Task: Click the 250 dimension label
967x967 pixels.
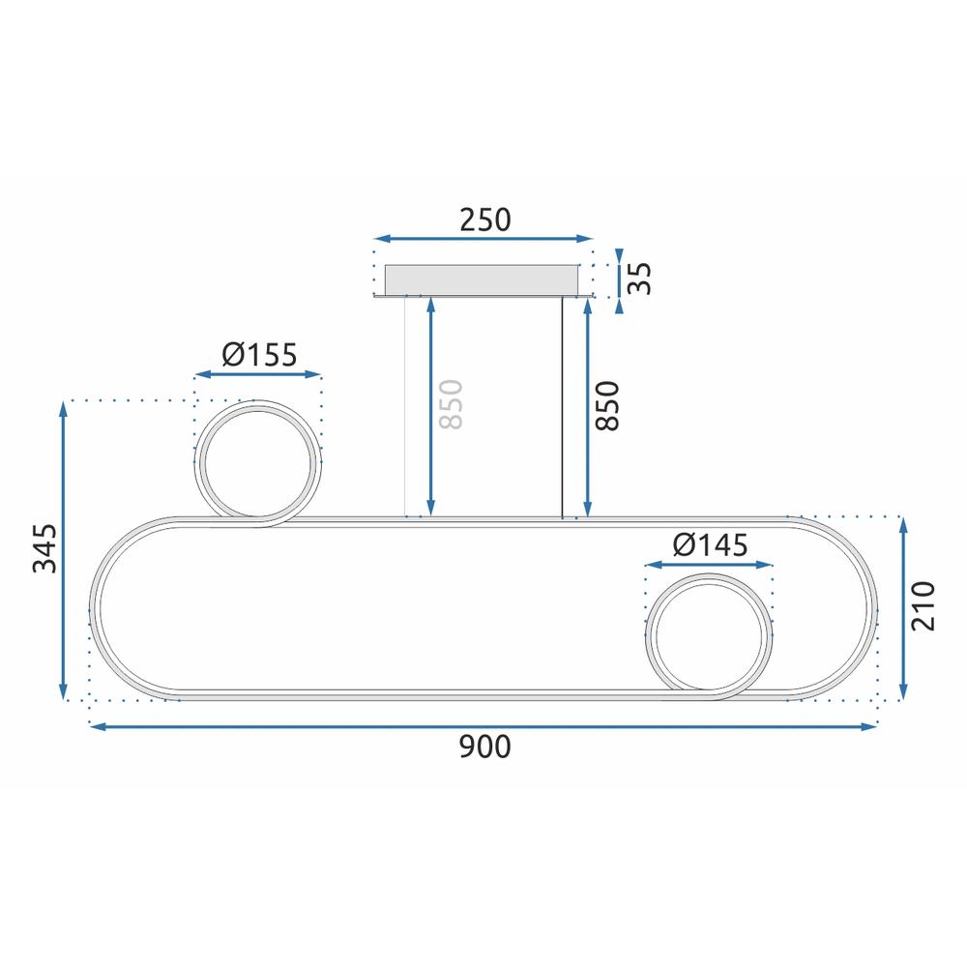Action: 483,220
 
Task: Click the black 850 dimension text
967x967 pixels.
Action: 607,405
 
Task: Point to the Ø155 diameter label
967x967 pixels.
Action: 258,356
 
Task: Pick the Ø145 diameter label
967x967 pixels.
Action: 710,545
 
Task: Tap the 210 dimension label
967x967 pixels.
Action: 923,606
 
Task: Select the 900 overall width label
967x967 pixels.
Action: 483,746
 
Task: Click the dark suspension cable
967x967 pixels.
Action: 563,406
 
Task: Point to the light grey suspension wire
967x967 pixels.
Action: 404,406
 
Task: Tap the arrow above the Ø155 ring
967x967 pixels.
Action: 258,374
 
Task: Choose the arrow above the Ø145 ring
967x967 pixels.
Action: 710,564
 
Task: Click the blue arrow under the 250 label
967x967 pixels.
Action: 483,238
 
